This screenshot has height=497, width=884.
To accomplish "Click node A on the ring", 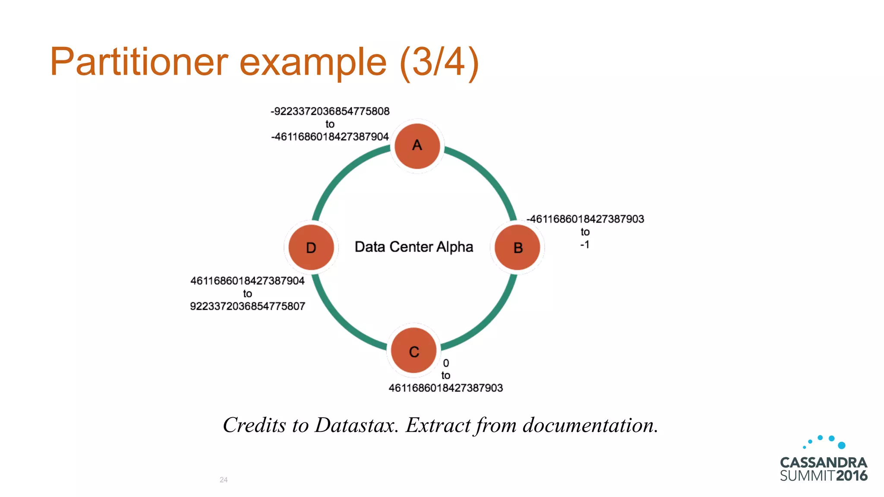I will [417, 146].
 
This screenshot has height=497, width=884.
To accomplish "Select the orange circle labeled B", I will [517, 248].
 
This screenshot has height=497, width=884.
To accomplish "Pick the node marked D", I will [311, 248].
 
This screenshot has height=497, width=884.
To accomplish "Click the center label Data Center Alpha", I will [414, 247].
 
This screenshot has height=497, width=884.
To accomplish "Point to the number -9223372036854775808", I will [330, 111].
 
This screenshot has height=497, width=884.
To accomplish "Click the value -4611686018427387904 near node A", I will [330, 137].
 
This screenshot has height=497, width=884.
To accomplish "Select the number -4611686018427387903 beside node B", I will [585, 219].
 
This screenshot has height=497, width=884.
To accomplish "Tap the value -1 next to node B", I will [584, 245].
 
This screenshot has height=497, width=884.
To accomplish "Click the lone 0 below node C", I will [446, 363].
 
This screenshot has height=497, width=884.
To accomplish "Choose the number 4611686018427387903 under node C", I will [445, 388].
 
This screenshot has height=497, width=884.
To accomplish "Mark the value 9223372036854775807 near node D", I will [247, 306].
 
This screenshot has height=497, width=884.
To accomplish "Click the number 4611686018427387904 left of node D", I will [247, 281].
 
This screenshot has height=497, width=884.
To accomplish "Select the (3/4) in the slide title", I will [439, 62].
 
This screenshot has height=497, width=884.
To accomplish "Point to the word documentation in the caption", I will [590, 425].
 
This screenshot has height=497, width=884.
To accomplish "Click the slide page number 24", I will [224, 480].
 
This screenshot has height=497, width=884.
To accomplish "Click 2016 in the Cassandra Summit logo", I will [851, 475].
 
